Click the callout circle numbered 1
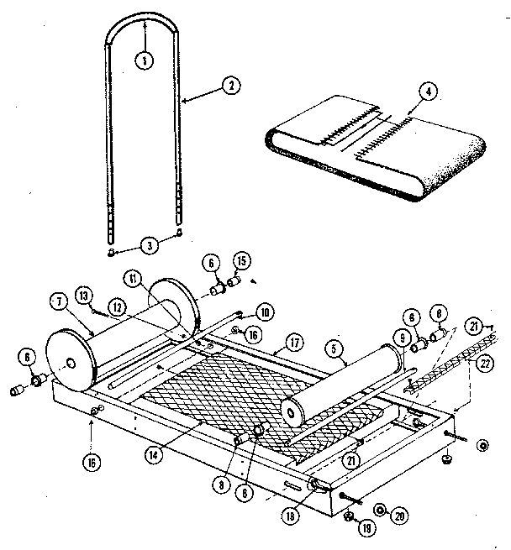(x=145, y=60)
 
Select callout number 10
(x=262, y=313)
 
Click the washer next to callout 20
(x=380, y=511)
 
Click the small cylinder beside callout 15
(x=235, y=281)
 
